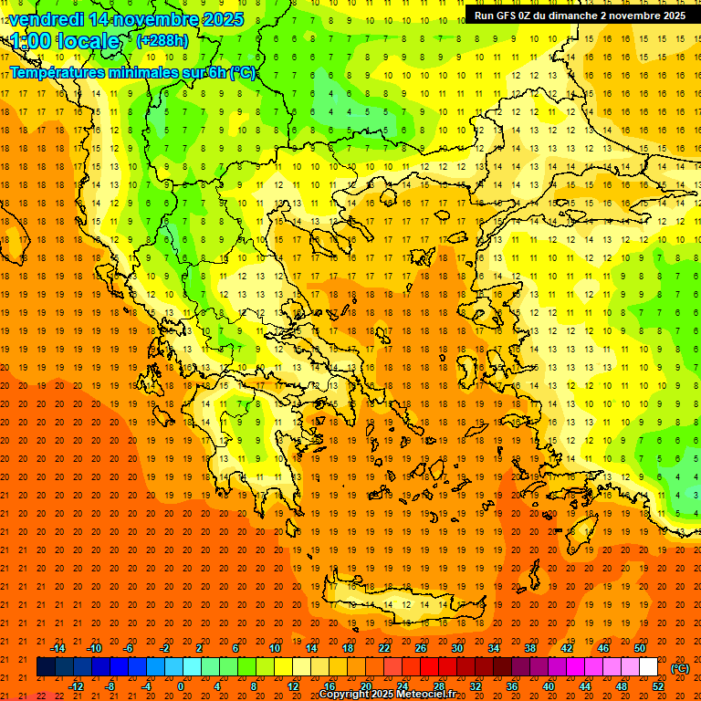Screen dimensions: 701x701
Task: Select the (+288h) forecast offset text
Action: coord(162,40)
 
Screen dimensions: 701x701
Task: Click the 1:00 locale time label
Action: coord(65,41)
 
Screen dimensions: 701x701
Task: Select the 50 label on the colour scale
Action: coord(639,648)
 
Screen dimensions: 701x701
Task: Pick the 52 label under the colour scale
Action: coord(657,685)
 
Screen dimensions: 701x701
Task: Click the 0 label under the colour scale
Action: coord(181,685)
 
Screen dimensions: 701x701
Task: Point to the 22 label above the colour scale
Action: coord(383,648)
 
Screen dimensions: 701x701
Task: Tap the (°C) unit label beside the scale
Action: coord(680,668)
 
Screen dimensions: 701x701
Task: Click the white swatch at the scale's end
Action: coord(648,667)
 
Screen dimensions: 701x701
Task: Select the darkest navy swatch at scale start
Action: coord(46,667)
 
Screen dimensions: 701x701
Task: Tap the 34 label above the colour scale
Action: coord(493,648)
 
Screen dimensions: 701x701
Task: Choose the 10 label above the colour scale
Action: coord(274,648)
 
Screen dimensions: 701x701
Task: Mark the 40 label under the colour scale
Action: coord(548,685)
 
